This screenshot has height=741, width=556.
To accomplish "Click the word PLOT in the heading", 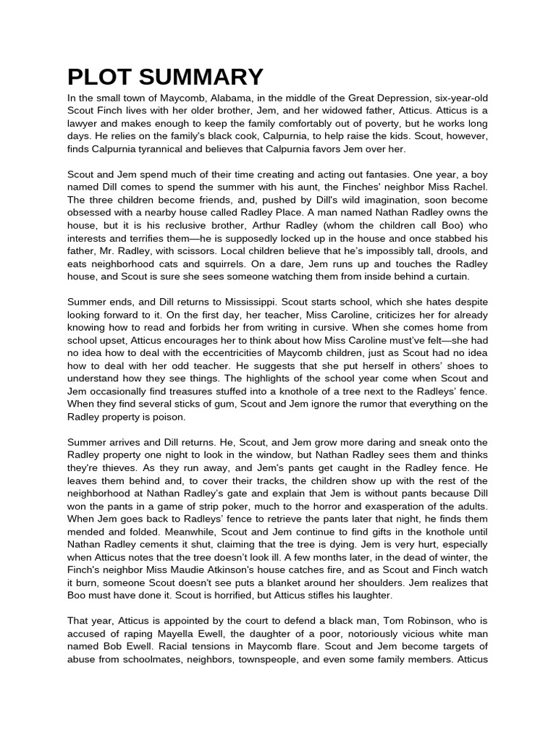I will point(97,77).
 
